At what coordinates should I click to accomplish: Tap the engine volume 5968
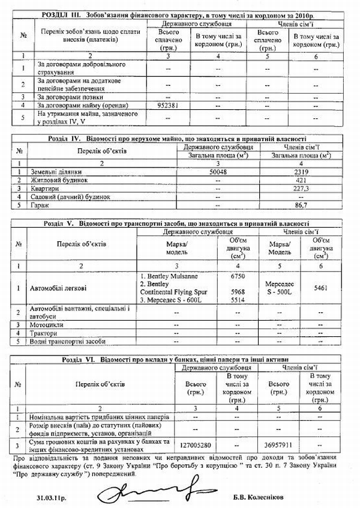239,293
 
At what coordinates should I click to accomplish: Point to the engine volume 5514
239,300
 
